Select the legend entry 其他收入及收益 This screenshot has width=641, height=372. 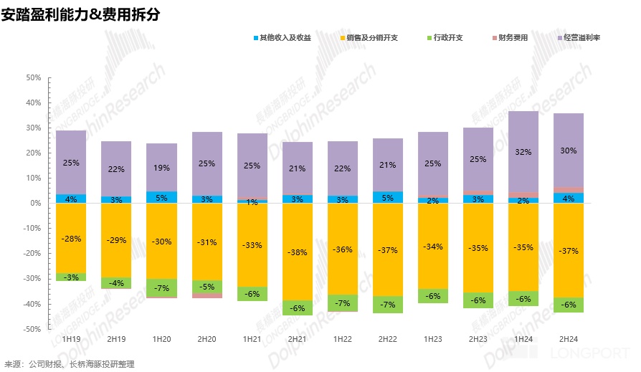pyautogui.click(x=285, y=37)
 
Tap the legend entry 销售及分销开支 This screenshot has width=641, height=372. pyautogui.click(x=371, y=37)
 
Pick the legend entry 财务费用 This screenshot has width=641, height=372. pyautogui.click(x=513, y=37)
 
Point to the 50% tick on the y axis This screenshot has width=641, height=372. pyautogui.click(x=33, y=77)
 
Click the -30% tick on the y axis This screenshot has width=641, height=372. pyautogui.click(x=32, y=279)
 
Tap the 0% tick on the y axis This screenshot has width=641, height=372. pyautogui.click(x=35, y=203)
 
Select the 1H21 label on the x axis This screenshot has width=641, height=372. pyautogui.click(x=252, y=338)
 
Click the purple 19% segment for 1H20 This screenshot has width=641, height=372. pyautogui.click(x=161, y=168)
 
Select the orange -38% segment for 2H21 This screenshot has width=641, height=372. pyautogui.click(x=297, y=252)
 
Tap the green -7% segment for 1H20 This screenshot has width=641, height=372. pyautogui.click(x=161, y=287)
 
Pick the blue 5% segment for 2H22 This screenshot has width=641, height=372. pyautogui.click(x=388, y=197)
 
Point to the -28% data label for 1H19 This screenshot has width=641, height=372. pyautogui.click(x=71, y=239)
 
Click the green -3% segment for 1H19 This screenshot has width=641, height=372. pyautogui.click(x=71, y=277)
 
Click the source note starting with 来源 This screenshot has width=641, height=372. pyautogui.click(x=70, y=364)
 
